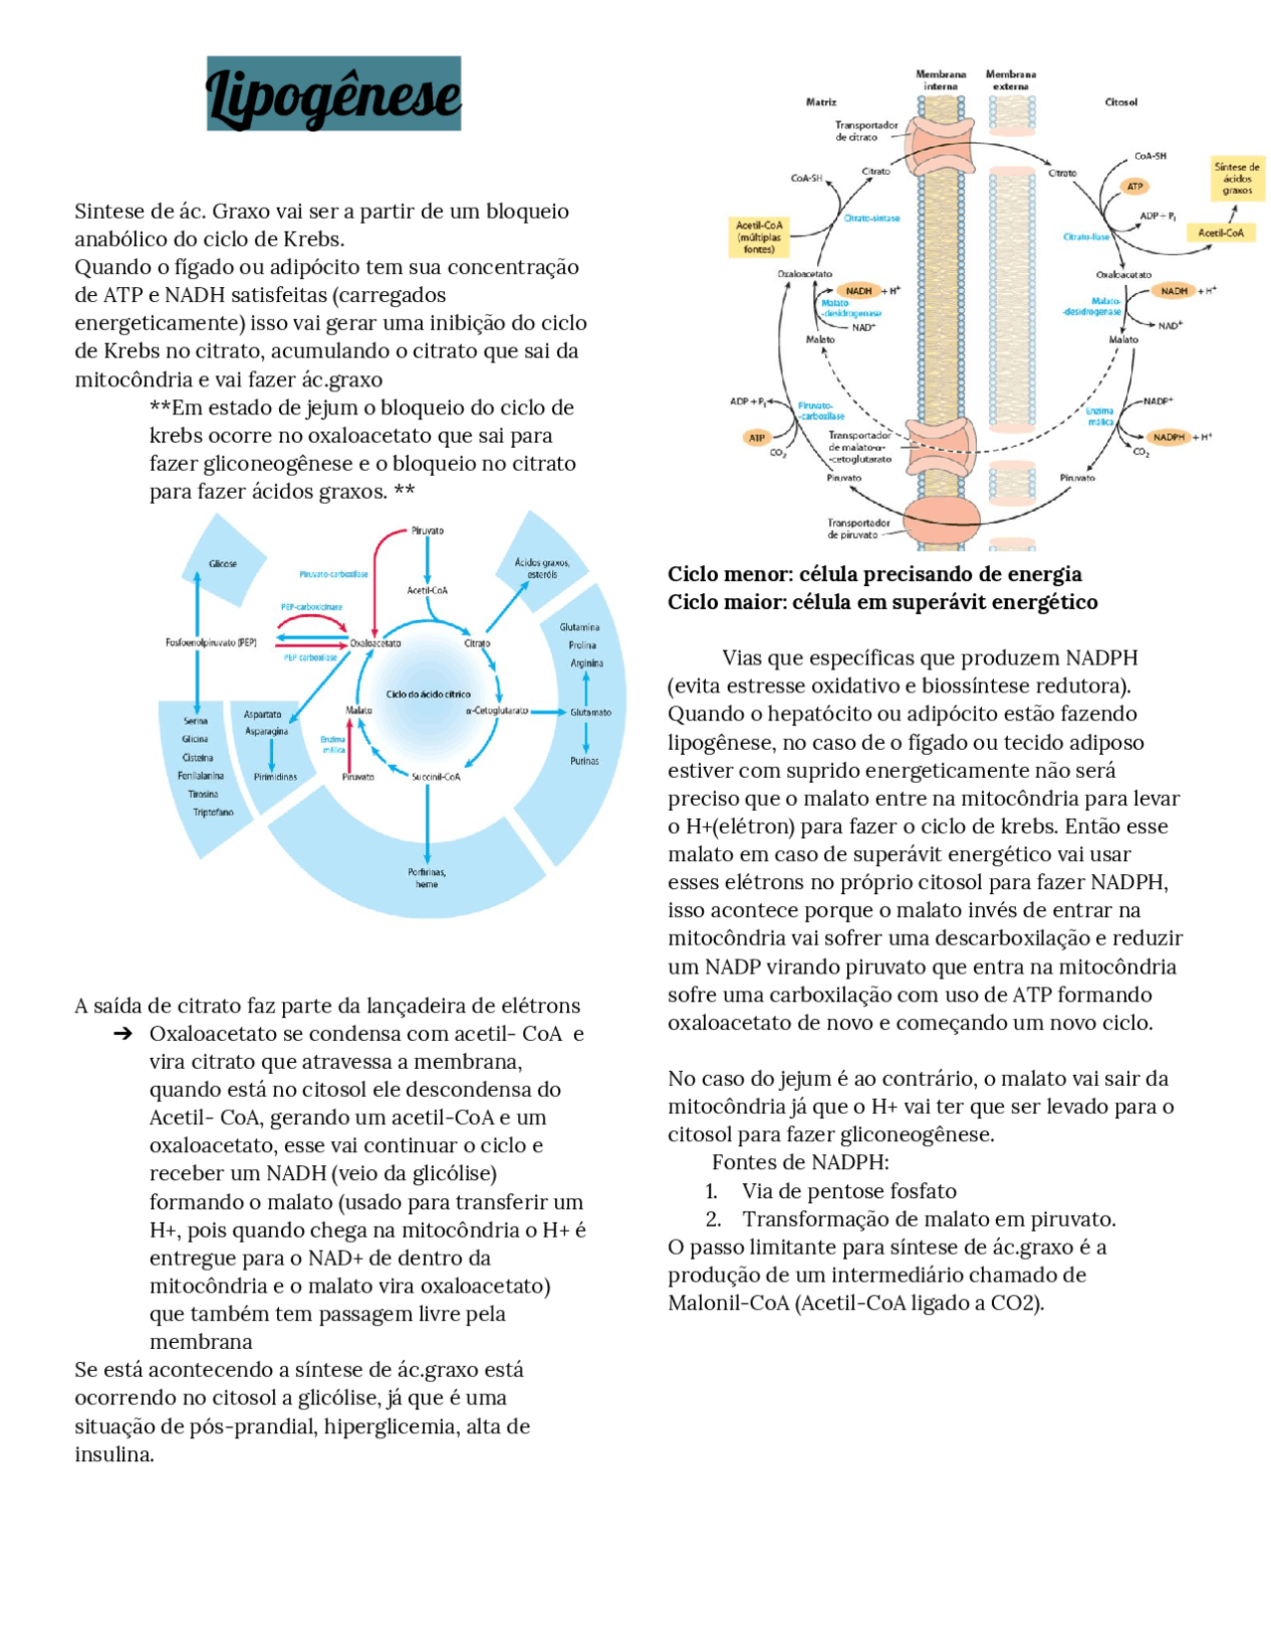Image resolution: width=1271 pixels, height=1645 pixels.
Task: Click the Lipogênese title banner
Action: coord(334,93)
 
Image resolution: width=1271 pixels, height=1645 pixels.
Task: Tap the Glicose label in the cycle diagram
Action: coord(222,564)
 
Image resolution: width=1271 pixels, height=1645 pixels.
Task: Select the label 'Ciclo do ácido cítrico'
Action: coord(428,694)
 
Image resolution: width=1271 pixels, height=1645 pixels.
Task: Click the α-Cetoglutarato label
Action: coord(496,711)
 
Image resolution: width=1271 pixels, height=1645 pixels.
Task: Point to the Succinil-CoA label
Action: coord(436,777)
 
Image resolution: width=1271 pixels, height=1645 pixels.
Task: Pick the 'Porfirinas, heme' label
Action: coord(427,878)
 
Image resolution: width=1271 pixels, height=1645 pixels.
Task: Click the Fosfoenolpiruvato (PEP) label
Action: coord(211,643)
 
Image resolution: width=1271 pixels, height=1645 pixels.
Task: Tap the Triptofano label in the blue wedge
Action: coord(212,813)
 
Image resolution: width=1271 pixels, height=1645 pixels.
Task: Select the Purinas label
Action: coord(585,761)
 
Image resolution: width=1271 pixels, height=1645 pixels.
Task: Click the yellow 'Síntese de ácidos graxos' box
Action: coord(1236,179)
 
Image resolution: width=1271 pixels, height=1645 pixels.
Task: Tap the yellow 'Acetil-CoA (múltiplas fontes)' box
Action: coord(759,237)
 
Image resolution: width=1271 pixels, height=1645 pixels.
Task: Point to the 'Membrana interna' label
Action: coord(940,80)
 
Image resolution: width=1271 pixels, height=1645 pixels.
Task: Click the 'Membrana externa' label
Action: coord(1011,80)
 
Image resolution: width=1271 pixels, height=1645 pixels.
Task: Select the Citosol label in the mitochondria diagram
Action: coord(1121,102)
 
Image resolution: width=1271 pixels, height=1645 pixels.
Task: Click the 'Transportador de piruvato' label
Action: coord(858,528)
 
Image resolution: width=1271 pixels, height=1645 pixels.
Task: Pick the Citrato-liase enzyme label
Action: coord(1085,237)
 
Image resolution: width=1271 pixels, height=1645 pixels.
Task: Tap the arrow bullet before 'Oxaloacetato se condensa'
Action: coord(123,1034)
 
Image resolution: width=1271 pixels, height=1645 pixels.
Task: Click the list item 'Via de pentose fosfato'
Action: coord(849,1191)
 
